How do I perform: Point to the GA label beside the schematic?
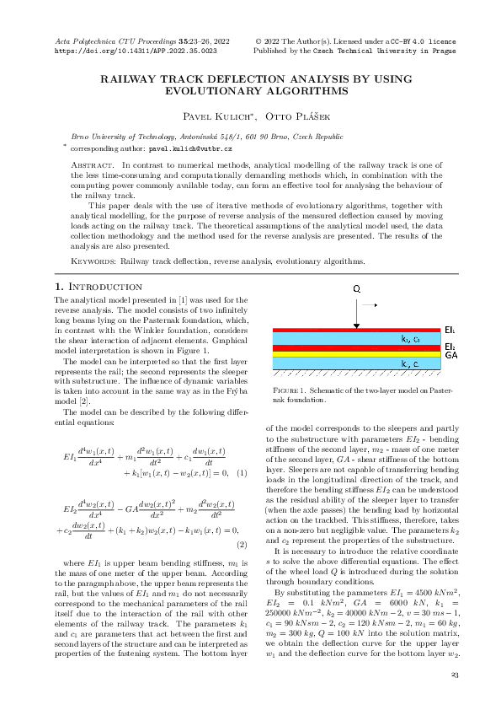(451, 356)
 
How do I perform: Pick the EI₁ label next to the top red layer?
(451, 330)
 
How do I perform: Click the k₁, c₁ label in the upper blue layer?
(411, 339)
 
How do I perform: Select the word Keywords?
(92, 262)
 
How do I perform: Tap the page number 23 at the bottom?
(454, 675)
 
